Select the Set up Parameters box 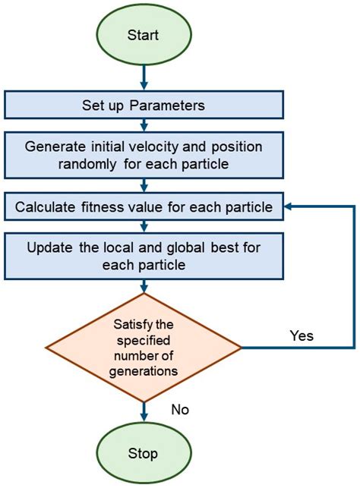click(144, 104)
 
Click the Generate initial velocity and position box click(144, 156)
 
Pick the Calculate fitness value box click(144, 204)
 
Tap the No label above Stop click(179, 410)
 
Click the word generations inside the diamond click(144, 373)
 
